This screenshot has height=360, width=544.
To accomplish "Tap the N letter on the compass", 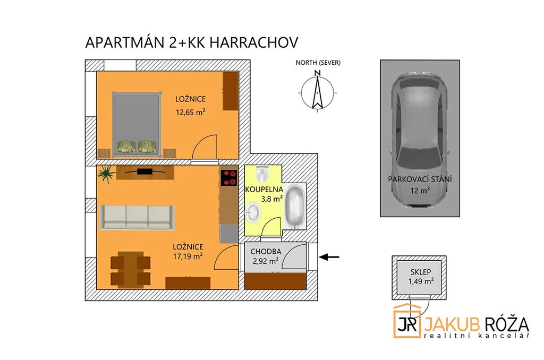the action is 317,73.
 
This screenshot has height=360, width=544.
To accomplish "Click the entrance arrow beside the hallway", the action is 329,257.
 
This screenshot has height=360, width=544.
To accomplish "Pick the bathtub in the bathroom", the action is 295,207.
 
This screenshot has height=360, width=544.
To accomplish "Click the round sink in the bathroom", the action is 252,212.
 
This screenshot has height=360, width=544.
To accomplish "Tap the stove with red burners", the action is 229,178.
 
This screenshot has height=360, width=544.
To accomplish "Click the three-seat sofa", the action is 137,217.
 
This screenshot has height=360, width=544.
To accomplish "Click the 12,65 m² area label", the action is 191,112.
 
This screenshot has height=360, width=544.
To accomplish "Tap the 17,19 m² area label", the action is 188,256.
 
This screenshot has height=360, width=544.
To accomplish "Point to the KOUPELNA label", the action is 264,190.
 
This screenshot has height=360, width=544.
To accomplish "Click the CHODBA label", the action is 266,252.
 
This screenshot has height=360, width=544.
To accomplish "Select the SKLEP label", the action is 421,272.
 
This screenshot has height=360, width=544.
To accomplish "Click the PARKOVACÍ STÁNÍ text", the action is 420,179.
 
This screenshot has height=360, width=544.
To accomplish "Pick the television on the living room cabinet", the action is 144,172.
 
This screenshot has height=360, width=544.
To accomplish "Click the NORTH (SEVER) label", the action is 318,63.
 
